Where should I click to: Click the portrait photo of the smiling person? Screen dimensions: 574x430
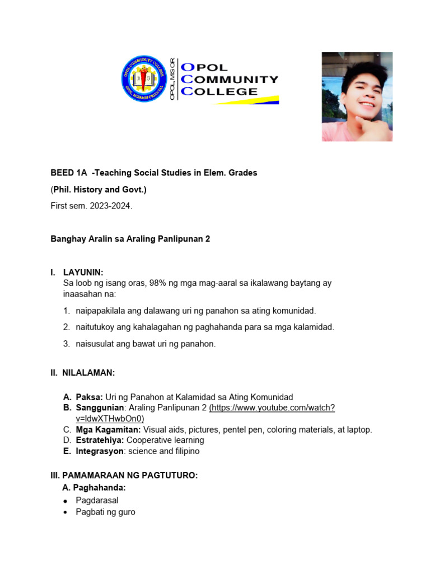(357, 96)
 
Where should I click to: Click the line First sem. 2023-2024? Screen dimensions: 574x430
(92, 206)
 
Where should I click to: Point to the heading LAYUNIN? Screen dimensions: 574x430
(83, 272)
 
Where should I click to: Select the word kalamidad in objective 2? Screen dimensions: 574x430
(315, 327)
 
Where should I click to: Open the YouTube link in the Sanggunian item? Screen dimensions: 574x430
(272, 408)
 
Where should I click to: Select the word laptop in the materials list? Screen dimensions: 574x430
(359, 429)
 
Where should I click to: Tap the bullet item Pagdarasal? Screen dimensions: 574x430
(97, 500)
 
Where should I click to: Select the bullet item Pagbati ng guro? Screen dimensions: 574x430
(105, 512)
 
